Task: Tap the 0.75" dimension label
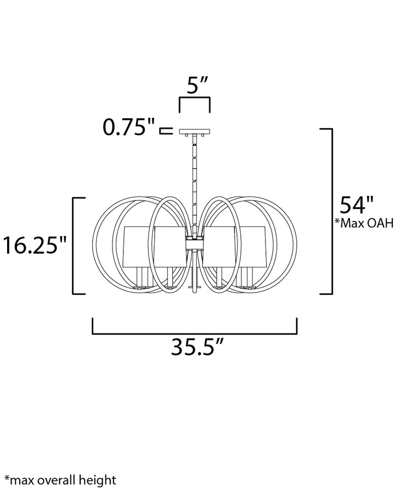point(129,127)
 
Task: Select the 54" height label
point(356,205)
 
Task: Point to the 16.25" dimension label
point(35,245)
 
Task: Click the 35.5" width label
point(198,347)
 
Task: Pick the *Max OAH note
point(364,223)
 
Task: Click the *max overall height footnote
point(60,480)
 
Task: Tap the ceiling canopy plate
point(195,131)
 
